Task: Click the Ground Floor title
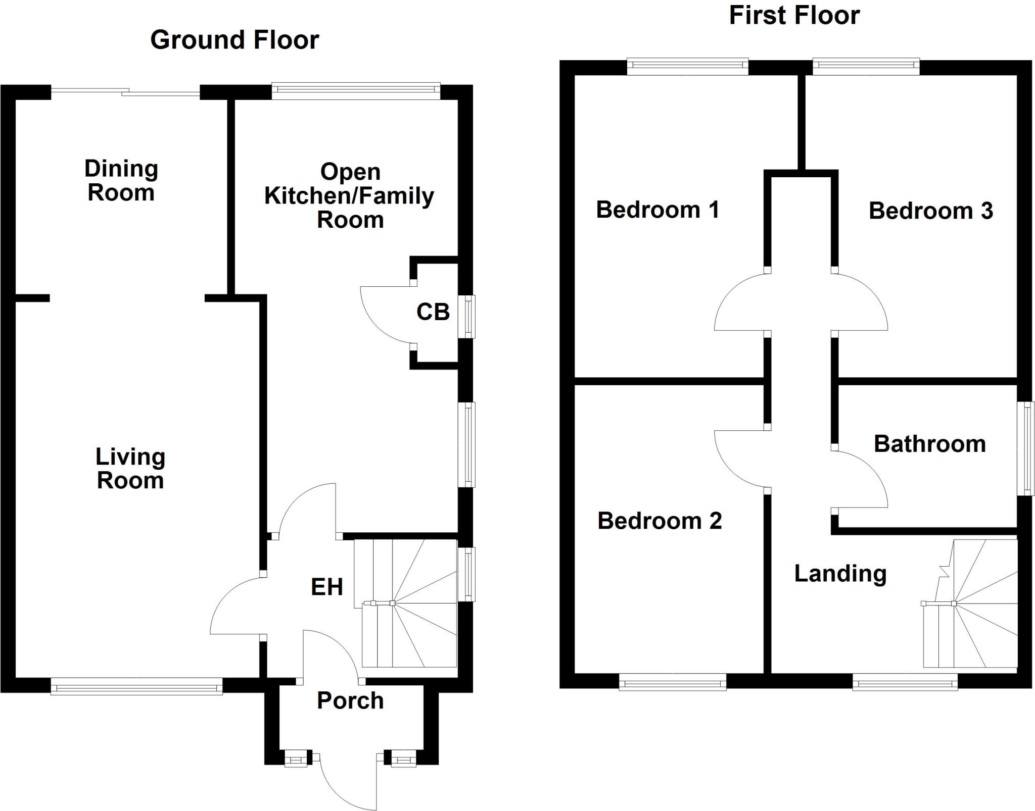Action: click(x=234, y=40)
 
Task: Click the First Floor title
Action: click(x=794, y=16)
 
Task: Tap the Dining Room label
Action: click(x=121, y=180)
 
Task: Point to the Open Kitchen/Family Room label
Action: click(x=349, y=196)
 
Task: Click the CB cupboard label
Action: click(x=433, y=312)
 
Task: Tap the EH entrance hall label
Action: click(x=327, y=587)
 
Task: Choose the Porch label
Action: click(x=350, y=701)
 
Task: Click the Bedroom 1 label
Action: click(x=657, y=210)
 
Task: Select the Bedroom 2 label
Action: click(x=660, y=521)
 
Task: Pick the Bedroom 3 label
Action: click(x=931, y=211)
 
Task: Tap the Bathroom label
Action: click(x=930, y=444)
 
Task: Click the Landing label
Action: click(x=840, y=574)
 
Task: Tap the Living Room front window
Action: click(x=136, y=687)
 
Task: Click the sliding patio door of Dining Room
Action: click(x=126, y=91)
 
